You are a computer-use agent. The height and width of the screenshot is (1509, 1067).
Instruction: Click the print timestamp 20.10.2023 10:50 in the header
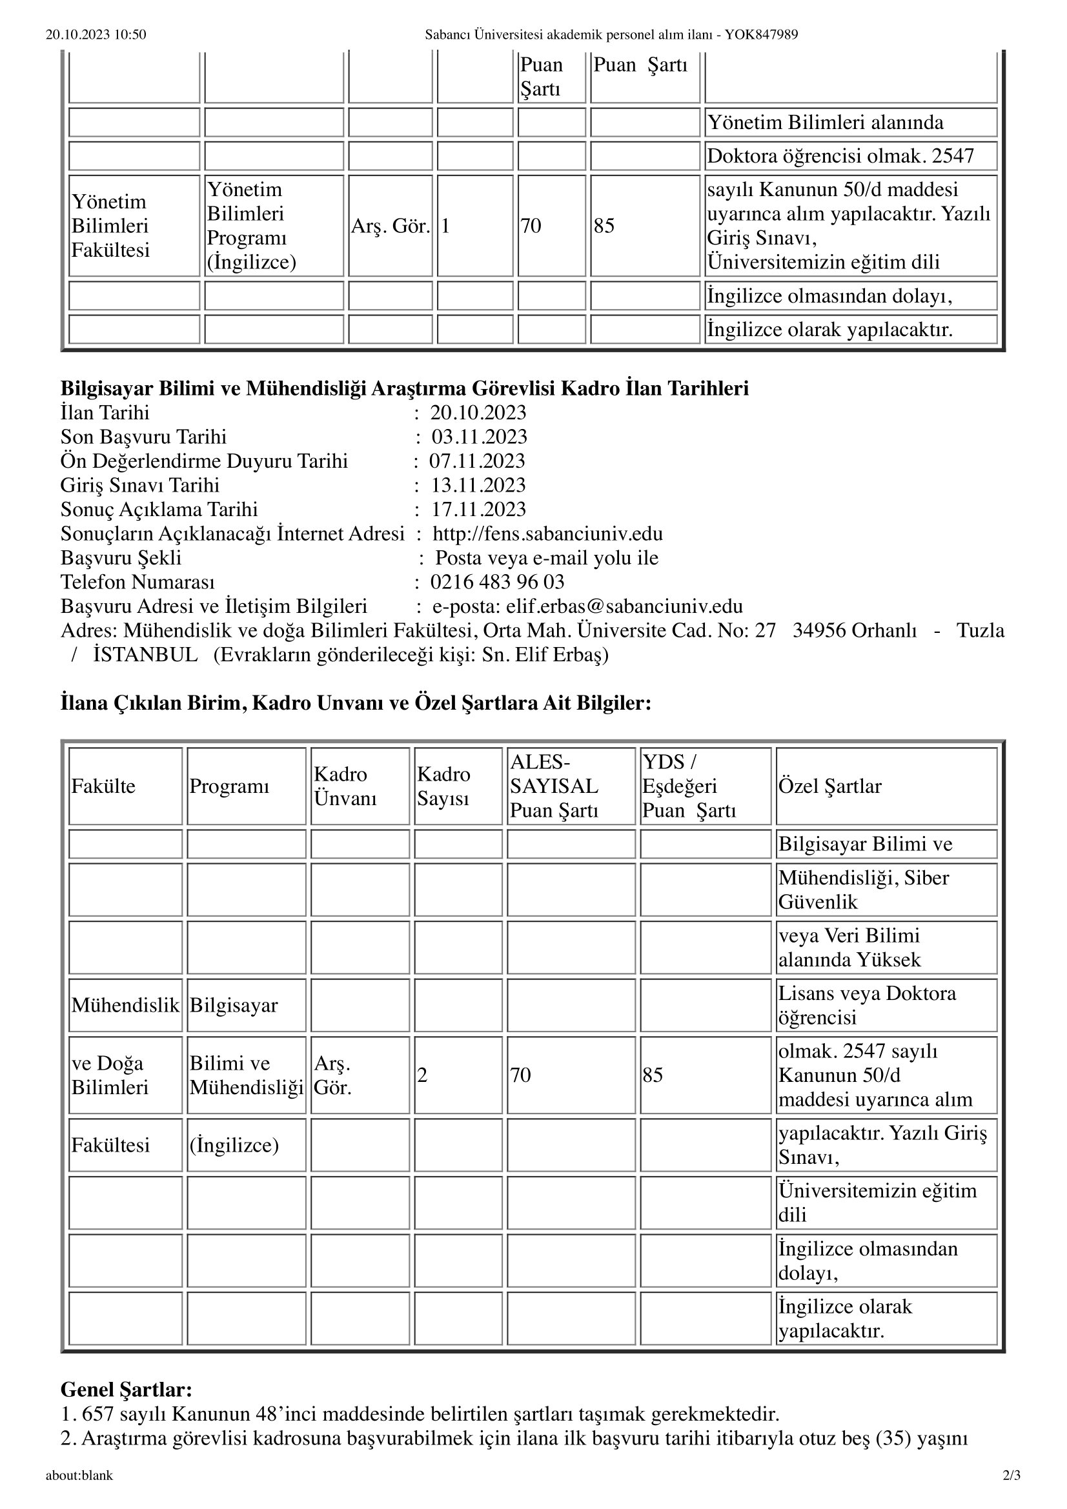click(x=96, y=35)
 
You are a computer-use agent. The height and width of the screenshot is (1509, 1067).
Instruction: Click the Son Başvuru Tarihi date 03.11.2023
click(x=479, y=437)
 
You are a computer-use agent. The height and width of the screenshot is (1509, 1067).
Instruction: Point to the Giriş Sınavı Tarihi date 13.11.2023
click(x=478, y=485)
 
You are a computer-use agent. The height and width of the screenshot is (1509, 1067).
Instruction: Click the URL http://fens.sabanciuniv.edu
click(x=547, y=534)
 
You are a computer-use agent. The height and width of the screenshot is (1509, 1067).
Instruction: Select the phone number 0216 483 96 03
click(x=497, y=583)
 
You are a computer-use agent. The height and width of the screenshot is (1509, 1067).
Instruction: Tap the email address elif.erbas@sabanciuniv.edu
click(x=624, y=606)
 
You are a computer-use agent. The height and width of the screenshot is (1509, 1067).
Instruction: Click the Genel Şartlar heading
click(x=127, y=1390)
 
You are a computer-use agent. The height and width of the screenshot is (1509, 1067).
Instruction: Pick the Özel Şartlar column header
click(x=829, y=786)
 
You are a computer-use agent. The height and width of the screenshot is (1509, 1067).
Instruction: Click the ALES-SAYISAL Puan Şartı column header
click(x=554, y=786)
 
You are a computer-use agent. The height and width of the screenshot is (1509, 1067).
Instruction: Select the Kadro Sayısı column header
click(x=443, y=786)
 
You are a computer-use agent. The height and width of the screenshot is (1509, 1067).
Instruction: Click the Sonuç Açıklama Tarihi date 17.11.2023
click(x=478, y=510)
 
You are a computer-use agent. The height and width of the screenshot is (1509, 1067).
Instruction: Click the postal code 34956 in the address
click(x=819, y=630)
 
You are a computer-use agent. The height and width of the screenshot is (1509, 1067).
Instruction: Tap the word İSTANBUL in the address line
click(x=145, y=655)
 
